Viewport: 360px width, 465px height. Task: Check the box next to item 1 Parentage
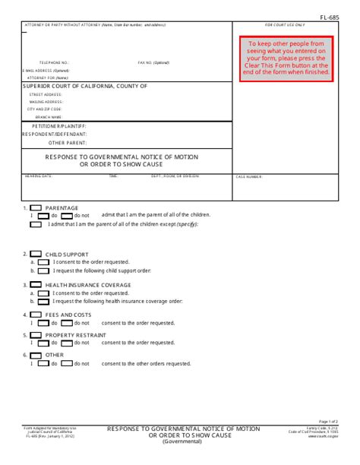pyautogui.click(x=36, y=207)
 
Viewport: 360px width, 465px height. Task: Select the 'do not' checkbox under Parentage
pyautogui.click(x=67, y=215)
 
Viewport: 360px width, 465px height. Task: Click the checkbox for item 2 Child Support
pyautogui.click(x=36, y=255)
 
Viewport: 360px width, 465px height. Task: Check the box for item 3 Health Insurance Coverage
pyautogui.click(x=36, y=285)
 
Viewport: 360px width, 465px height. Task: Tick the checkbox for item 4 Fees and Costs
pyautogui.click(x=36, y=315)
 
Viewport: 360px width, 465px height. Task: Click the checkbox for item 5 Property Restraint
pyautogui.click(x=36, y=334)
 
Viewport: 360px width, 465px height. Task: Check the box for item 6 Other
pyautogui.click(x=36, y=354)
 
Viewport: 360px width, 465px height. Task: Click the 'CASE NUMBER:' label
pyautogui.click(x=249, y=176)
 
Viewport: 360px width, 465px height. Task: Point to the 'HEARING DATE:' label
pyautogui.click(x=39, y=176)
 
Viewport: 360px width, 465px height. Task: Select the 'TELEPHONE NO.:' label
pyautogui.click(x=54, y=62)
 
